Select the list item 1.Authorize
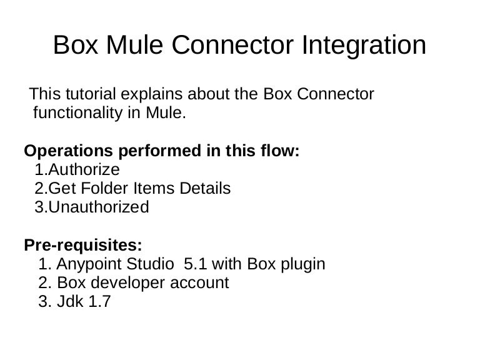coord(77,169)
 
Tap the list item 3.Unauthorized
coord(92,207)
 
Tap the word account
coord(197,282)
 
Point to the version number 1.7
coord(99,301)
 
